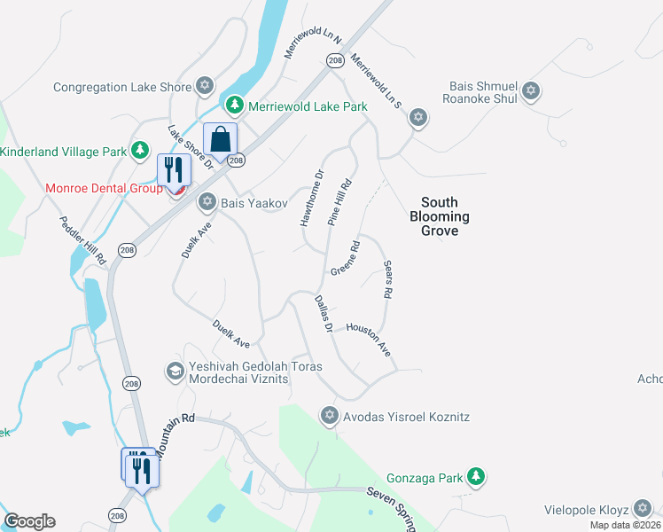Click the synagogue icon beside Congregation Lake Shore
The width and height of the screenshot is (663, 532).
point(206,87)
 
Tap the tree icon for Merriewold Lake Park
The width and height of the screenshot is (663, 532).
point(234,106)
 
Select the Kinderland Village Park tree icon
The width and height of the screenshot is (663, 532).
point(140,152)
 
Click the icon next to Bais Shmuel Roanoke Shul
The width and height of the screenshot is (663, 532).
point(531,90)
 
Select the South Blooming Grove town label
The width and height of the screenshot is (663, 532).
point(440,216)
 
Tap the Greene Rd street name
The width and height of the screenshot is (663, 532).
point(345,258)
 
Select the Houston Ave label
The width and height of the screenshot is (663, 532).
point(369,339)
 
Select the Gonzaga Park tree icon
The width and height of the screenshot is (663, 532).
point(476,478)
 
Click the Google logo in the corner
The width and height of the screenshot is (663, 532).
point(29,521)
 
